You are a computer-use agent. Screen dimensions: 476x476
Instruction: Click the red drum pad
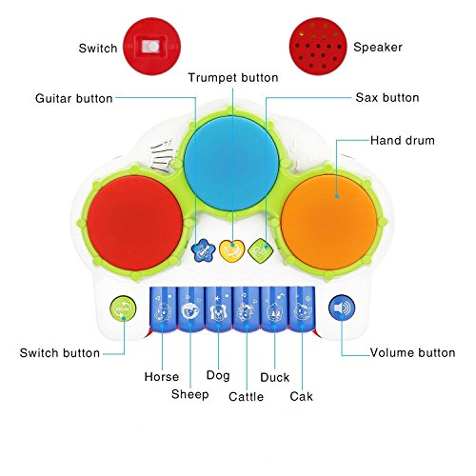135,223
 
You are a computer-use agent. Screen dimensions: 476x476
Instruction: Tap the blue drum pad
231,164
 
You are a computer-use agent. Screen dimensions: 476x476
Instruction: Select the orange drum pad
329,222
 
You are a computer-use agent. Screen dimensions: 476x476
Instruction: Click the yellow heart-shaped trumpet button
232,250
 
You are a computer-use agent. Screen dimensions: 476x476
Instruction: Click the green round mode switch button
123,308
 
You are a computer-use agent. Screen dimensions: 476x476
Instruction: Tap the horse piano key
163,308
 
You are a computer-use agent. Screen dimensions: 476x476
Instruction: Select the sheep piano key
190,309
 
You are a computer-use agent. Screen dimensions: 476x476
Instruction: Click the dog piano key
218,309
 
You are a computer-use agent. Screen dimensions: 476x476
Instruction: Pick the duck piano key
274,309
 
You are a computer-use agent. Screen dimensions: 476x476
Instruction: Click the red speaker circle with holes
318,47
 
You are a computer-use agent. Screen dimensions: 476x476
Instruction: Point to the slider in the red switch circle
150,47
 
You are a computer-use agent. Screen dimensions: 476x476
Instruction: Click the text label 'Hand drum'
403,140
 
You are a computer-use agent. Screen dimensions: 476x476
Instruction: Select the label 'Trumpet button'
233,77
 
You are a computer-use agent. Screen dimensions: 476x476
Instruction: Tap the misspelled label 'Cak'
301,396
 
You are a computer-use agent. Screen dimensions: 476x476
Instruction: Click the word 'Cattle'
246,396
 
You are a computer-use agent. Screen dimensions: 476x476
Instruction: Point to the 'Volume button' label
412,352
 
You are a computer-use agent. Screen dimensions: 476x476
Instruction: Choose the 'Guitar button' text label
74,98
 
